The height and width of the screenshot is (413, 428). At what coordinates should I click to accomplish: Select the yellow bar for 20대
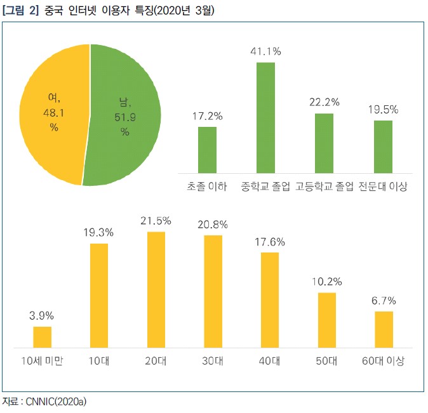[x=156, y=289]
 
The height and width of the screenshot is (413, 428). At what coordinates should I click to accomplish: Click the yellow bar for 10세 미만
[x=42, y=337]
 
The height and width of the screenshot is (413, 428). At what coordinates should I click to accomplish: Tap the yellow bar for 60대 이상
[x=384, y=329]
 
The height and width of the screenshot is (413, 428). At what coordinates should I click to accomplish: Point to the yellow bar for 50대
[x=327, y=320]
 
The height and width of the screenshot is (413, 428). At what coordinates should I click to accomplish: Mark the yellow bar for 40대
[x=270, y=299]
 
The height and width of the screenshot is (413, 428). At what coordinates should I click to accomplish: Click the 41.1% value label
[x=265, y=51]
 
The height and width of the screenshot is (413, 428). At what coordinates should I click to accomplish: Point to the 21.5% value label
[x=156, y=221]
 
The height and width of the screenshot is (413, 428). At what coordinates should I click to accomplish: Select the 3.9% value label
[x=42, y=315]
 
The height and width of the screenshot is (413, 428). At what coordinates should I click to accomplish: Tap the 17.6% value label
[x=270, y=242]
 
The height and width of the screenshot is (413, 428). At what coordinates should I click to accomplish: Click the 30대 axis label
[x=213, y=361]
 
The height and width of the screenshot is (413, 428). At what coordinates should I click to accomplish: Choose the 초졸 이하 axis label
[x=207, y=187]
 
